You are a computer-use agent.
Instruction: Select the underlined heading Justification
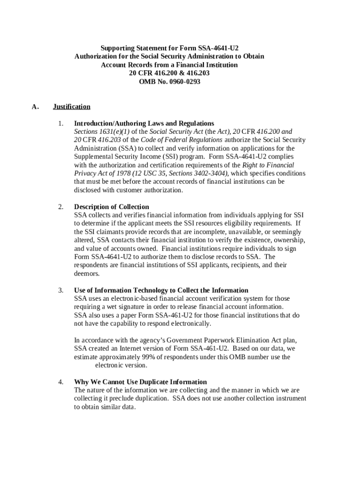(72, 107)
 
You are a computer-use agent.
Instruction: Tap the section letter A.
(35, 107)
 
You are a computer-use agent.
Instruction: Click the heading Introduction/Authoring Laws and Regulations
(144, 123)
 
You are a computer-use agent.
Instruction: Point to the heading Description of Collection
(111, 207)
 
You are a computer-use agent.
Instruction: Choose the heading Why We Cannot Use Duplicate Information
(140, 382)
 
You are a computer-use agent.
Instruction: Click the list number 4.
(61, 382)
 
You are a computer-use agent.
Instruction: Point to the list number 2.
(61, 207)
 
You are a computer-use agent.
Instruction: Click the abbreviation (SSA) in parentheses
(128, 148)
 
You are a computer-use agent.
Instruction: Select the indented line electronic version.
(121, 365)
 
